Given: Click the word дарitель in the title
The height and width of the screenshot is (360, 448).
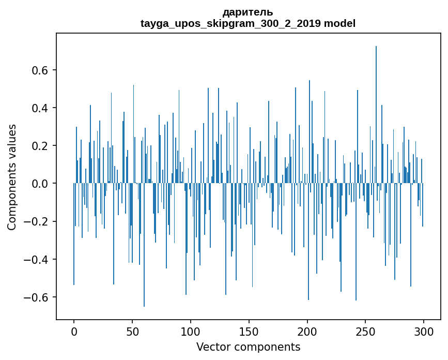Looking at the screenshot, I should tap(248, 12).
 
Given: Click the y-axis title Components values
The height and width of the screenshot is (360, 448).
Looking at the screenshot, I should tap(12, 177).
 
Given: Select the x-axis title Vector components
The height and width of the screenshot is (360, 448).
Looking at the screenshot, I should tap(248, 347).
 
